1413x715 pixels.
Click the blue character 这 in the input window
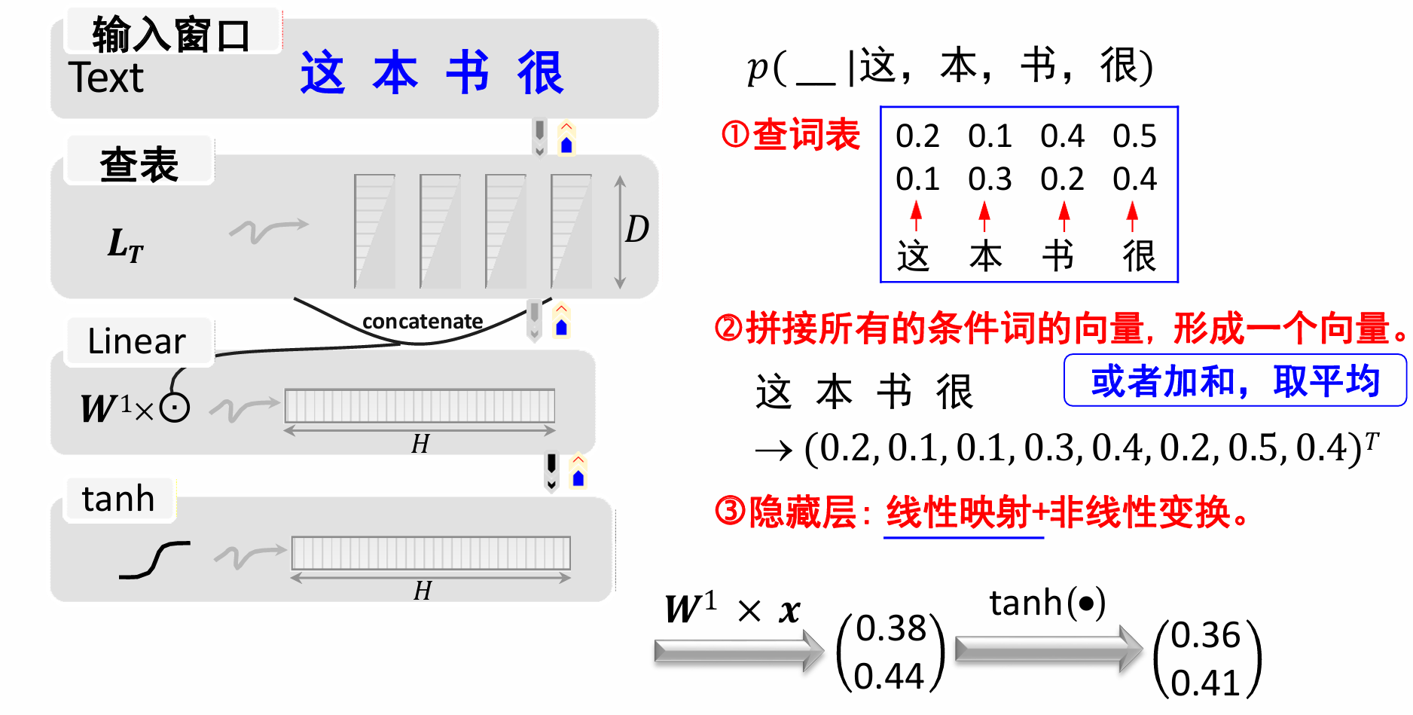click(x=322, y=73)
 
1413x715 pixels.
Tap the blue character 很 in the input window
click(x=540, y=73)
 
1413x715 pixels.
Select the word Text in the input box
click(x=105, y=78)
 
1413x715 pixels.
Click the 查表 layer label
click(x=139, y=163)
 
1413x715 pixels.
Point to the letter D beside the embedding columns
click(x=636, y=229)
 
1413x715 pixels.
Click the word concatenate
click(x=423, y=322)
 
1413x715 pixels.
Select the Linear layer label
click(x=136, y=341)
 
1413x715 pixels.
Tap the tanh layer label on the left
click(x=118, y=499)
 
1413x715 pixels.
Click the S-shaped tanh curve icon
click(x=155, y=560)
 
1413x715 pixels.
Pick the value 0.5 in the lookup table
click(x=1134, y=136)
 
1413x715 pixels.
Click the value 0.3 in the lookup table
click(x=990, y=179)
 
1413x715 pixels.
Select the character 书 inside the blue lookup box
click(x=1058, y=256)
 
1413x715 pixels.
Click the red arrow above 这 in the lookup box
click(x=916, y=215)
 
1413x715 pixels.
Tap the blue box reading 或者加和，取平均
click(x=1234, y=380)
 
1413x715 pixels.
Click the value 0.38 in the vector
click(x=891, y=628)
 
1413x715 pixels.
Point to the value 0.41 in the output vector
click(x=1205, y=683)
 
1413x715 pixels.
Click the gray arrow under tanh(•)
click(x=1048, y=648)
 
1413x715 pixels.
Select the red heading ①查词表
click(x=790, y=136)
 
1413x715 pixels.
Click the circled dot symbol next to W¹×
click(x=175, y=408)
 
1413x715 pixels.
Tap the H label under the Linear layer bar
click(x=420, y=445)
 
